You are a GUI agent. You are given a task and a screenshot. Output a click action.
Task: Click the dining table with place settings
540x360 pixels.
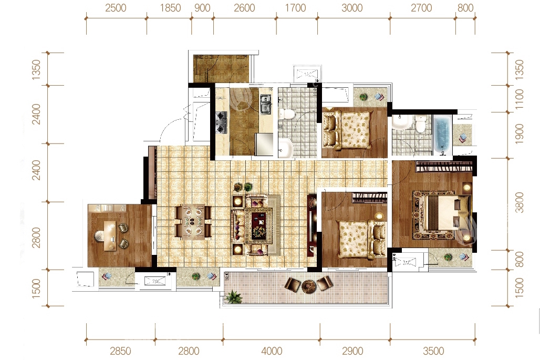(x=193, y=222)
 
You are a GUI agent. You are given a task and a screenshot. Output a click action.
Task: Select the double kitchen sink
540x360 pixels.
(x=265, y=104)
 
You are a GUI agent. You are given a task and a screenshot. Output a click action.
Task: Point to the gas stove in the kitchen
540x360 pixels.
(x=221, y=122)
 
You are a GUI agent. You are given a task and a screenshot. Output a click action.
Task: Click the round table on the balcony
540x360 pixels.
(x=308, y=285)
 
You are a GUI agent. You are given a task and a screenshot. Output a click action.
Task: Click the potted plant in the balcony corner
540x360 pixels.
(x=234, y=296)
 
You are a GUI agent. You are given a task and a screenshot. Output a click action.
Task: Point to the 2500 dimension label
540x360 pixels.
(x=116, y=8)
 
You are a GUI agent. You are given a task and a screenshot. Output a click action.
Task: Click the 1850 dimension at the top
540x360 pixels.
(x=170, y=8)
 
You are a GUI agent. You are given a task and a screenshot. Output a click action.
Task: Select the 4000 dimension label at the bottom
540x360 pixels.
(x=272, y=351)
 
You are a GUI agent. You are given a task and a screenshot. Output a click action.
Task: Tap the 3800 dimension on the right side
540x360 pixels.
(x=520, y=203)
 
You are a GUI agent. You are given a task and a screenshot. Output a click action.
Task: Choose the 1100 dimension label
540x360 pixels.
(x=520, y=99)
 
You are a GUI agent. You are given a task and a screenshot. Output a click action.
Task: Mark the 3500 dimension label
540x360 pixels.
(x=433, y=351)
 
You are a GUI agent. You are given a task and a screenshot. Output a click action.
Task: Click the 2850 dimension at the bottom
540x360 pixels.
(x=120, y=351)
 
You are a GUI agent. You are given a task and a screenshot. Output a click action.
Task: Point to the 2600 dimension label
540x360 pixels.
(x=244, y=8)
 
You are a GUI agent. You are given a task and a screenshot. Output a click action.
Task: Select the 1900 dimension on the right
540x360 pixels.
(x=520, y=134)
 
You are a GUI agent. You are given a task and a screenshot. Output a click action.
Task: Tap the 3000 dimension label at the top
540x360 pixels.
(x=352, y=8)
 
